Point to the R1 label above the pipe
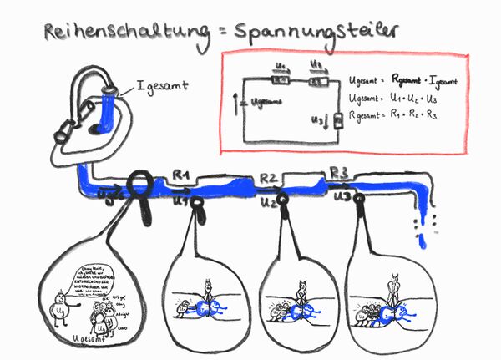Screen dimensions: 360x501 pos(181,175)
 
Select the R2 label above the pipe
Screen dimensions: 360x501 pos(268,177)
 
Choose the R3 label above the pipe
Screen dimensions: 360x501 pos(338,172)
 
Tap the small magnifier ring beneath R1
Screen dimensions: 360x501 pos(197,202)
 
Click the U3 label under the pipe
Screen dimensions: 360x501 pos(341,197)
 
